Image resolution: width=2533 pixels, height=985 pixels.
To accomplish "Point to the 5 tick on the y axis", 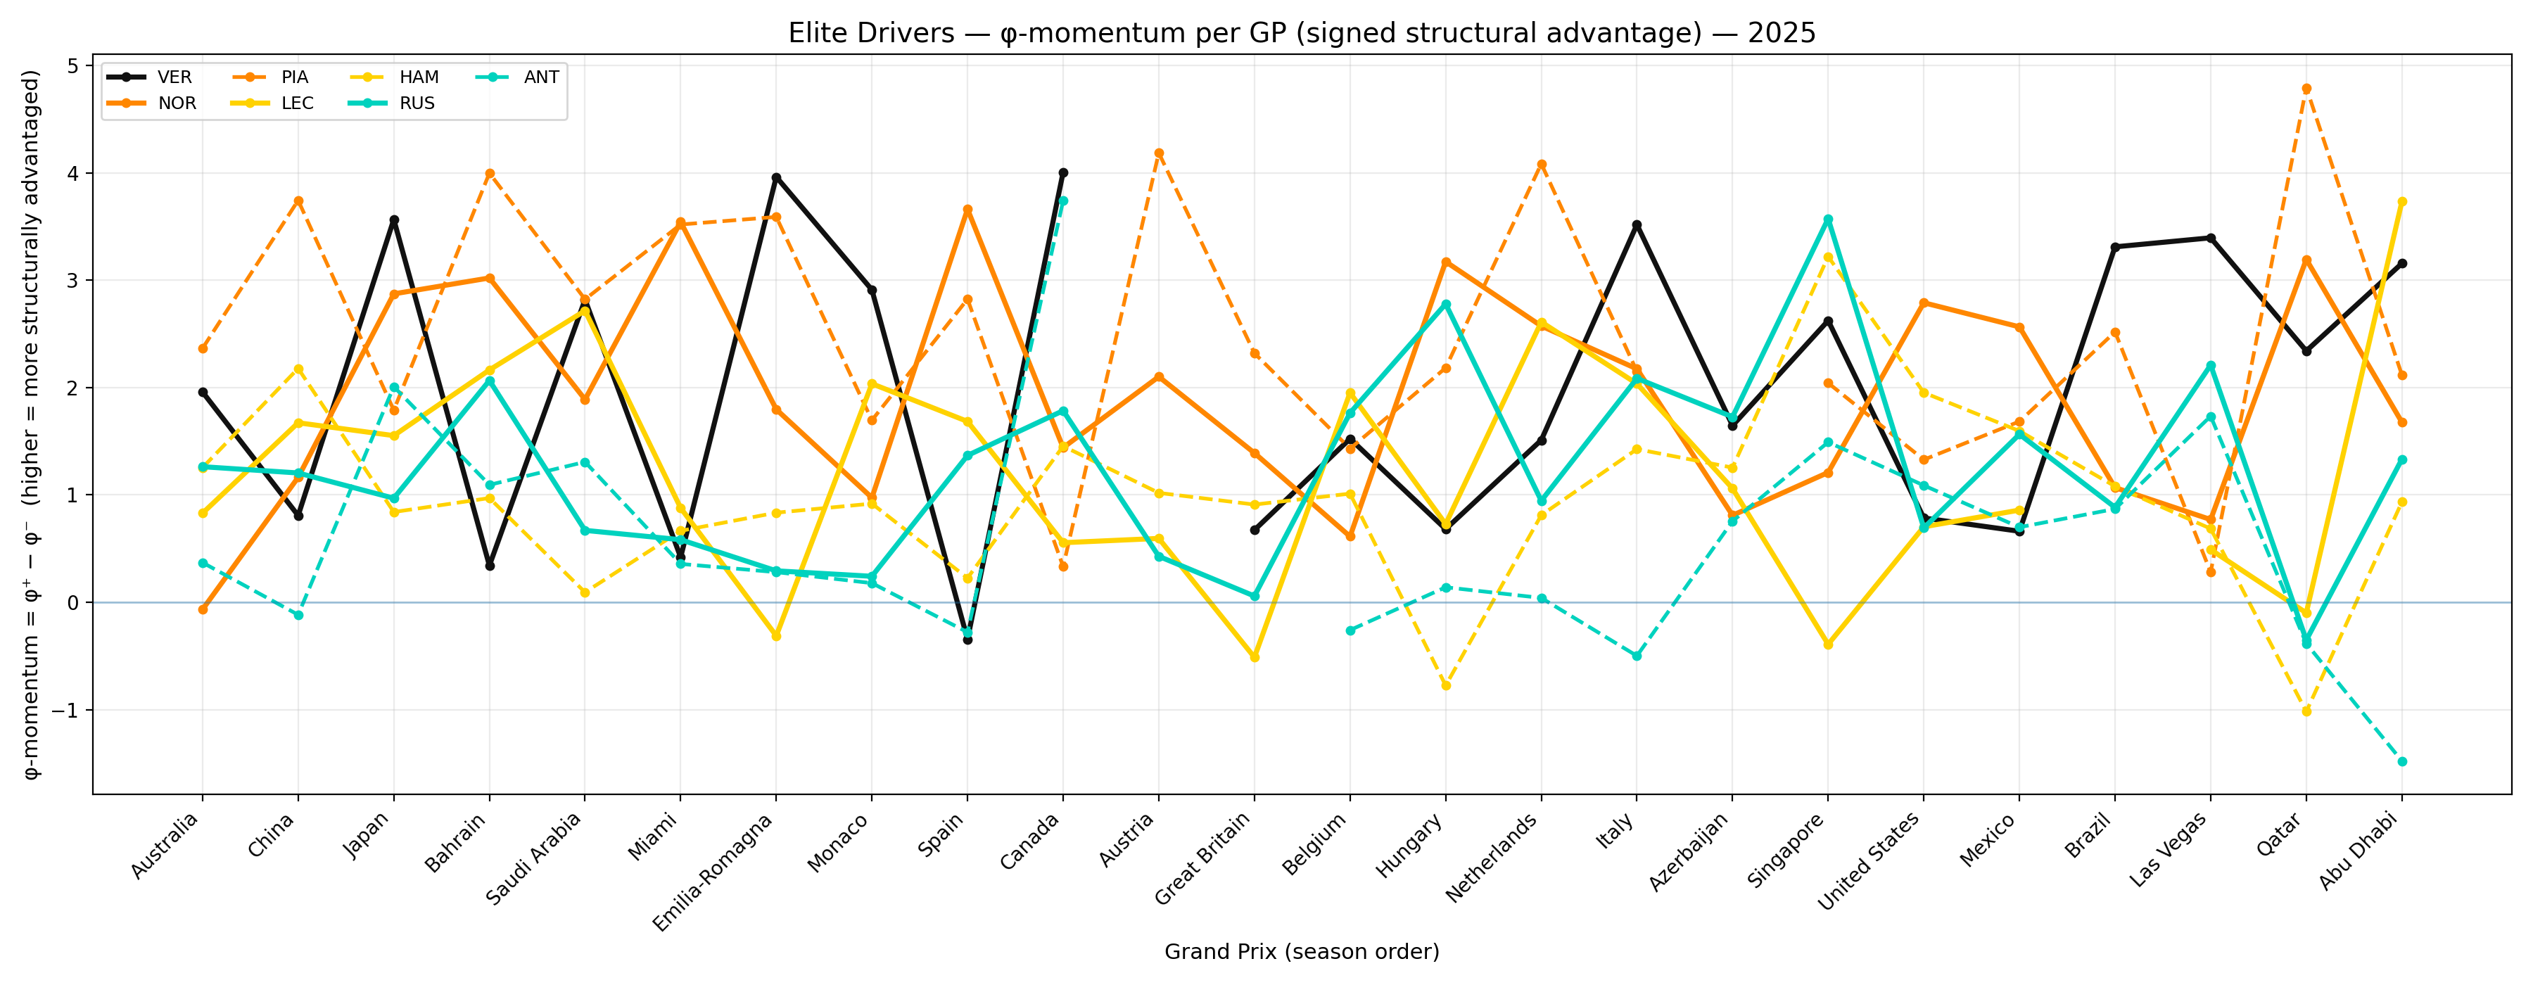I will click(74, 66).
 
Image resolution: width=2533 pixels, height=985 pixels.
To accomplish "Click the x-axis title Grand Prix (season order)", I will click(1301, 951).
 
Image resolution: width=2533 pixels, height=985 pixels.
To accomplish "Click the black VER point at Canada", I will click(1063, 173).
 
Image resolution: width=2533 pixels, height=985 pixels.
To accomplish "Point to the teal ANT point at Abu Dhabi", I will click(2402, 762).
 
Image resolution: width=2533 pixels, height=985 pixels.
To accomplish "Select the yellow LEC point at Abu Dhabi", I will click(2402, 201).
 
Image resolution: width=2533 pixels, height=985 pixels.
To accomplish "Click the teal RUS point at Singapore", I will click(1828, 220).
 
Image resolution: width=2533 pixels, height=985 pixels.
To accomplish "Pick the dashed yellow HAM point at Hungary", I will click(1445, 685).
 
